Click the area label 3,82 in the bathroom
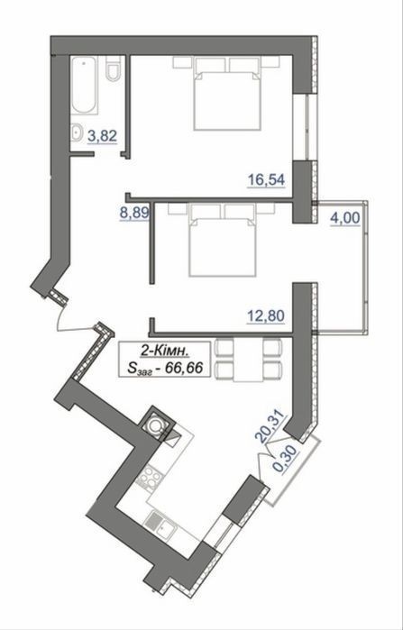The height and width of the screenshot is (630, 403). click(102, 136)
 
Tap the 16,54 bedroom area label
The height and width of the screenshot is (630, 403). click(266, 179)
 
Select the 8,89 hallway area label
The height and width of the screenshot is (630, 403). click(135, 214)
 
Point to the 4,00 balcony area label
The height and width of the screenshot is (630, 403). click(345, 219)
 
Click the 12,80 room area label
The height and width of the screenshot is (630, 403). click(266, 315)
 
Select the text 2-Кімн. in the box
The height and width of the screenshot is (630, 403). click(164, 352)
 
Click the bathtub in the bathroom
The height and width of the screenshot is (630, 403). click(84, 85)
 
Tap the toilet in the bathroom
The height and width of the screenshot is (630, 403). click(114, 68)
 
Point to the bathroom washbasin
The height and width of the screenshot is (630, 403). click(77, 132)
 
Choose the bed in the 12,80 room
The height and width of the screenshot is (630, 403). click(222, 241)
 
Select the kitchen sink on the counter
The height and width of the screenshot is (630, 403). click(159, 525)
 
